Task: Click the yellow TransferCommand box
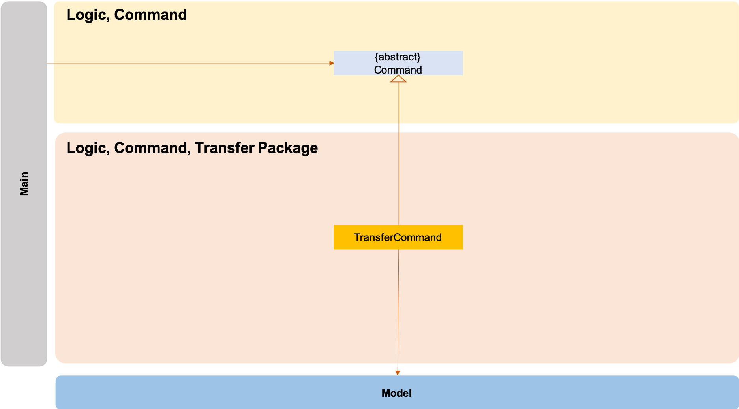point(398,237)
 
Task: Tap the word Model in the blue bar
point(396,393)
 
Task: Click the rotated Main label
point(24,183)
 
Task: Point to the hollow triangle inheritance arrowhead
point(398,79)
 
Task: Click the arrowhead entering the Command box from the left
point(332,63)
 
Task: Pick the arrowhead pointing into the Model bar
point(398,373)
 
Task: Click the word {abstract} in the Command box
point(398,57)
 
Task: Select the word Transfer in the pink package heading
point(224,148)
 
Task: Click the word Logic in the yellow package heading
point(87,15)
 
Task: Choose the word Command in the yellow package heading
point(150,15)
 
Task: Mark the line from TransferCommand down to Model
point(398,308)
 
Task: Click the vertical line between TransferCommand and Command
point(399,158)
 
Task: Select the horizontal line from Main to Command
point(189,63)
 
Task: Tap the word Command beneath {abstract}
point(398,70)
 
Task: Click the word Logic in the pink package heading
point(87,148)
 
